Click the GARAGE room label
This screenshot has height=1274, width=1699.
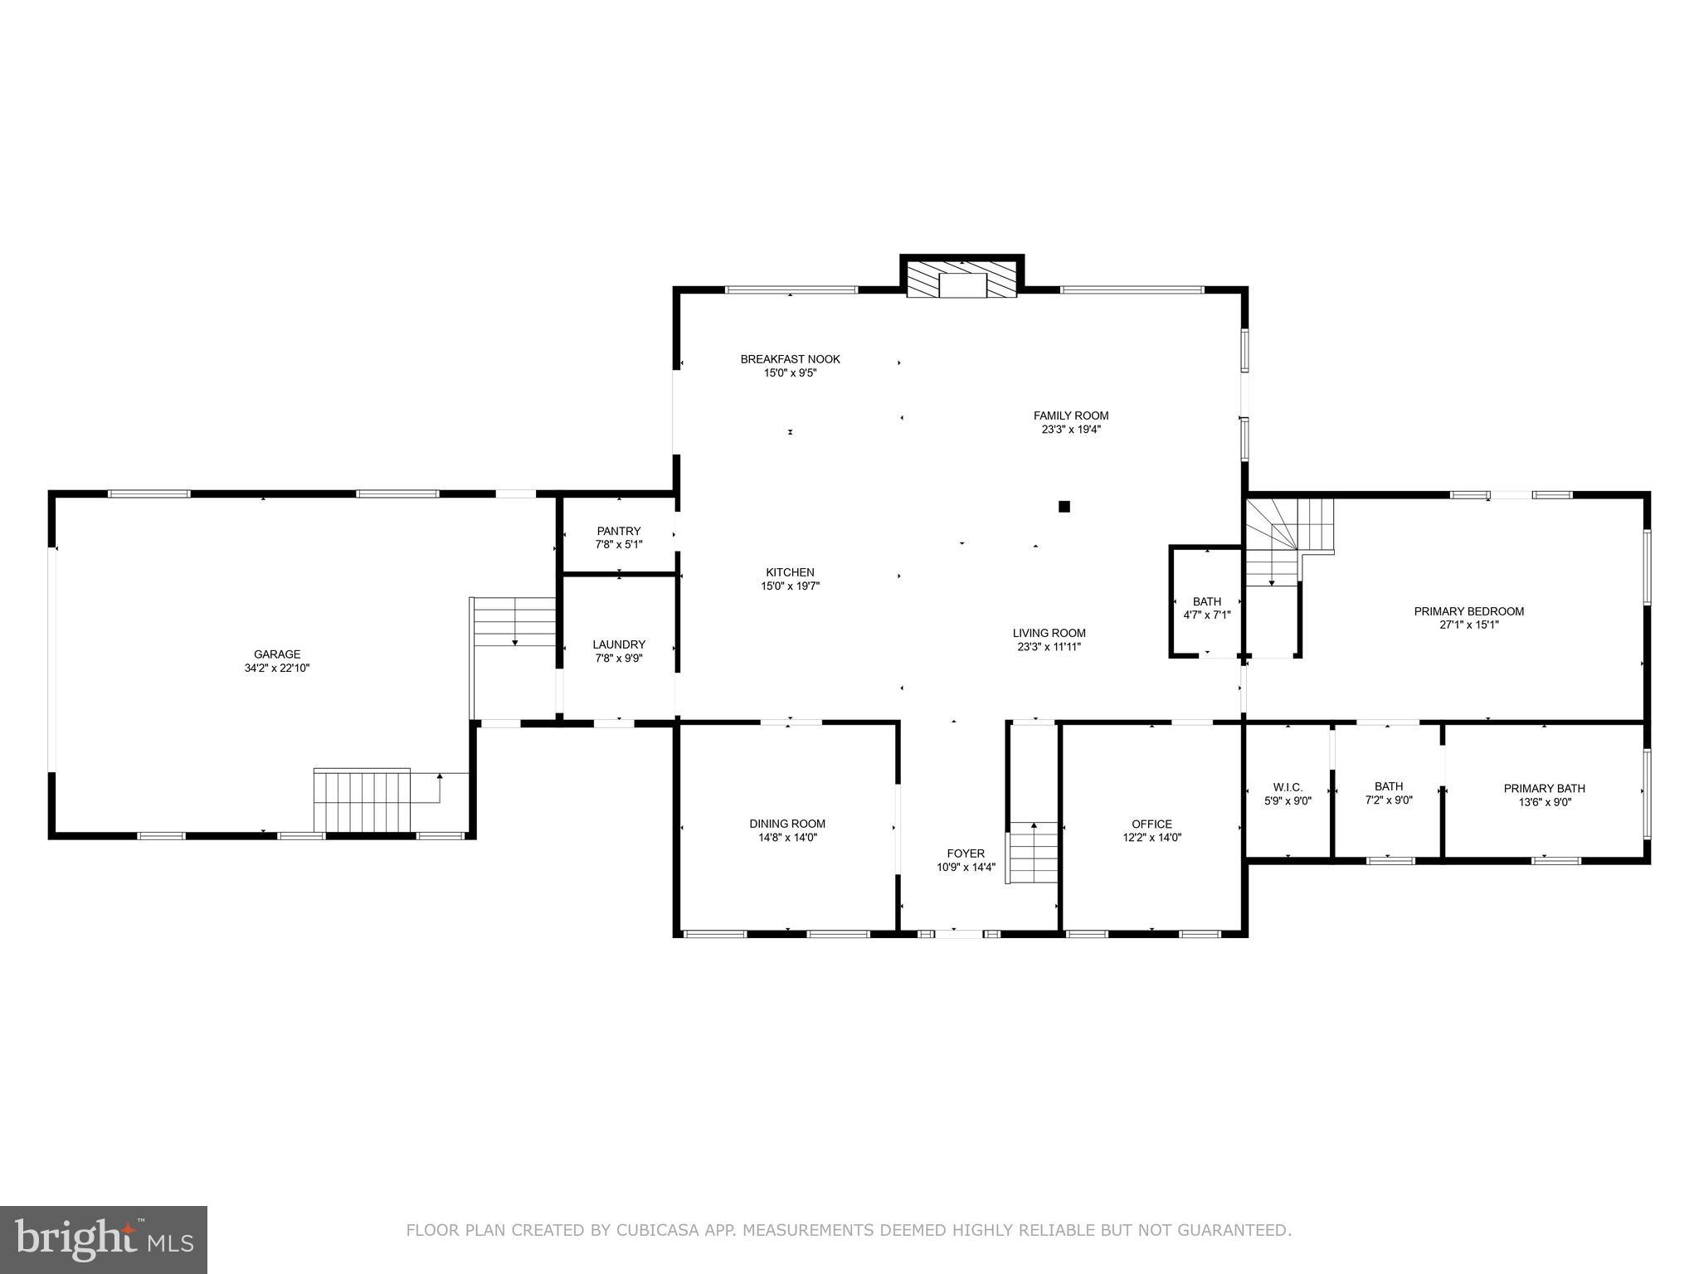277,654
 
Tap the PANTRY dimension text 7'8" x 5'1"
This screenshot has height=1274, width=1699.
619,545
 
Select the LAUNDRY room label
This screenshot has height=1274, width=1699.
619,644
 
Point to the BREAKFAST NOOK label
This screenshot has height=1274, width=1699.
790,359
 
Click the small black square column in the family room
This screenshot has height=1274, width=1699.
1064,506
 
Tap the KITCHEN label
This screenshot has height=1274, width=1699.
790,572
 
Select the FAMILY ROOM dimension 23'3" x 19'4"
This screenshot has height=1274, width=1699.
1071,430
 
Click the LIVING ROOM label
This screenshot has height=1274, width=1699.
1049,633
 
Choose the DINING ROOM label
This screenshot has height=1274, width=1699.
787,824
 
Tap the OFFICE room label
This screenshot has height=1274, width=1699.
1151,824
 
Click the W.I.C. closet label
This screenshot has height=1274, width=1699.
1288,787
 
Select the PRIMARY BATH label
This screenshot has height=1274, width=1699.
1544,789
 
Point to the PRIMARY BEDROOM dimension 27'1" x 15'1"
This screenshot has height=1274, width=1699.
1469,625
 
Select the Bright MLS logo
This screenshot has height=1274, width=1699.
104,1239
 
